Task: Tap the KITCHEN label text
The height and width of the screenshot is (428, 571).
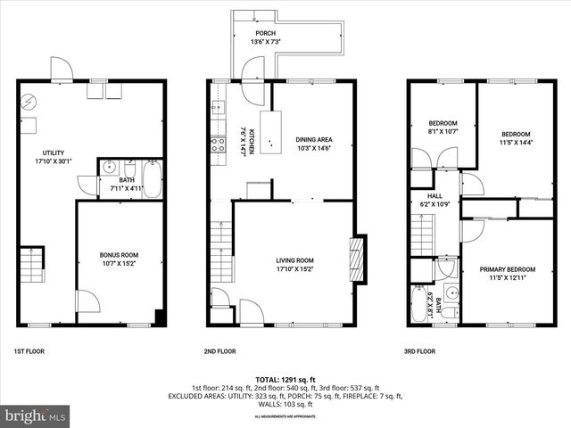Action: (247, 141)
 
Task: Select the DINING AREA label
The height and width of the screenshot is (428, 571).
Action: (313, 144)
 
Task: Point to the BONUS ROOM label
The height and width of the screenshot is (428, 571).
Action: (119, 259)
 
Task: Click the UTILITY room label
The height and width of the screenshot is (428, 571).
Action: (54, 157)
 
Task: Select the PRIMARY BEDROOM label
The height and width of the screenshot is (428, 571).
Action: (508, 274)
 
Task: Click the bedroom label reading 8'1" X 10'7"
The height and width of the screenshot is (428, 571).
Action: (443, 127)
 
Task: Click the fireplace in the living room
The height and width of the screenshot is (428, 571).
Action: (358, 259)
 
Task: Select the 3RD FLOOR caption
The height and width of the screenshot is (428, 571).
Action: (419, 351)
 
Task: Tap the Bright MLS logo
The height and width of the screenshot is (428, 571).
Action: (36, 416)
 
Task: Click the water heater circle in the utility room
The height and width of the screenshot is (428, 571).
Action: (28, 100)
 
